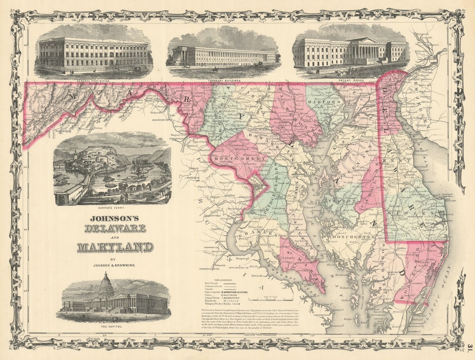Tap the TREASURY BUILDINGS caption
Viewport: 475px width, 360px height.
tap(223, 80)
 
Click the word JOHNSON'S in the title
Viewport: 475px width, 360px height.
tap(114, 218)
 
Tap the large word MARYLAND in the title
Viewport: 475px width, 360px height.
tap(115, 247)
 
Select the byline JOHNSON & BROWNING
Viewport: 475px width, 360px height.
tap(115, 264)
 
